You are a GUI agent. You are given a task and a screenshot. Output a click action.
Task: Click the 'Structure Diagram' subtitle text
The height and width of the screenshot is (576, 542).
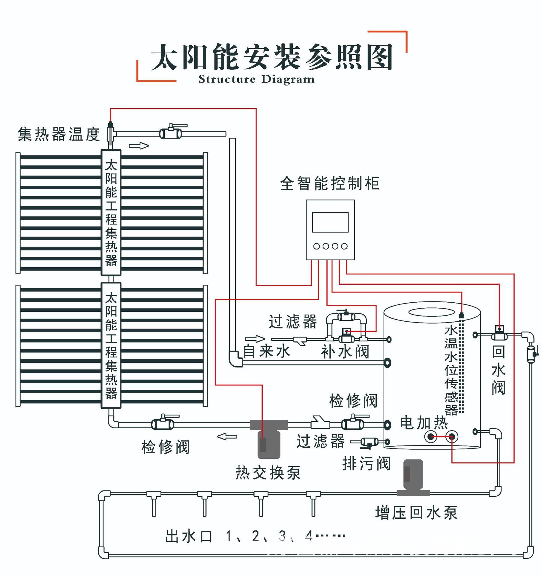pos(256,79)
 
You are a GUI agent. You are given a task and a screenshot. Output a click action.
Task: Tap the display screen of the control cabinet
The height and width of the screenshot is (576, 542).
pos(330,222)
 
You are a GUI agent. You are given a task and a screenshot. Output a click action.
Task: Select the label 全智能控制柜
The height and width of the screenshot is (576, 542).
pos(330,183)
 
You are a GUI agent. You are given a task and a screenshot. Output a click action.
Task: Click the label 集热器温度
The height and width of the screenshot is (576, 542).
pos(59,134)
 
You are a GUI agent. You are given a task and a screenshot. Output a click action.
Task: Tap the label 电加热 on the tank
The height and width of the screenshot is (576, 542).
pos(424,423)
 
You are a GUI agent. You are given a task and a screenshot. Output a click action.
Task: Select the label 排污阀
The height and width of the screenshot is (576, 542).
pos(367,463)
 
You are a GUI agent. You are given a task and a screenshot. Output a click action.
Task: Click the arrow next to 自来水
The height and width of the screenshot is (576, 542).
pos(255,339)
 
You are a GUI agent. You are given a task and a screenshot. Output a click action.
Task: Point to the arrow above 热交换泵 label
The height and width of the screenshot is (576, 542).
pos(227,436)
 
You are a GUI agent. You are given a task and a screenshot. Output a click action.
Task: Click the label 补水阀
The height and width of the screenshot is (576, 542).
pos(345,352)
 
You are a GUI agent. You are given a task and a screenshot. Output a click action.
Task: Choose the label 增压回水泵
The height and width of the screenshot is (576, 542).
pos(416,512)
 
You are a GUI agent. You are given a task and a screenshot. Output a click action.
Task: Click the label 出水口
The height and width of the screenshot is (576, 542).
pos(189,536)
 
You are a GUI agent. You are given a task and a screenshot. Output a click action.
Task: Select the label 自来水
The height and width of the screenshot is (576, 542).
pos(267,351)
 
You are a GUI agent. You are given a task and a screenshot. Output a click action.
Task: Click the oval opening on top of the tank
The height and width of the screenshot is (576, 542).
pos(432,312)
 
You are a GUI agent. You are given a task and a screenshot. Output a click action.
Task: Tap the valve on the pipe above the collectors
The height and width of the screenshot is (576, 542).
pos(170,133)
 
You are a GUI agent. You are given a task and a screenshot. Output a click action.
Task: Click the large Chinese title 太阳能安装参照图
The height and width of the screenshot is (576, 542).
pos(272,57)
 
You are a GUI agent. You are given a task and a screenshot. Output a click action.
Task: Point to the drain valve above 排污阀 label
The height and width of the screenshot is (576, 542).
pos(369,442)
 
